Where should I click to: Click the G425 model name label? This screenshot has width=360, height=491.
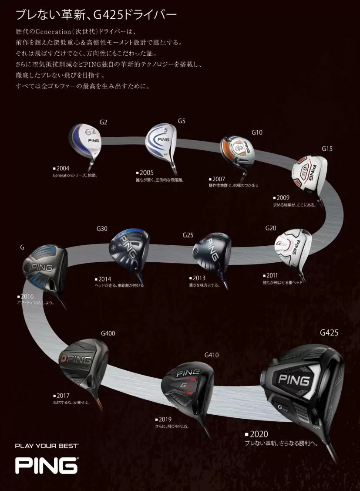(x=329, y=332)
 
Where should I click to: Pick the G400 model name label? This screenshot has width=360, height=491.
(x=108, y=333)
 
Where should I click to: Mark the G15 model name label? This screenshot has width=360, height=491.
(x=327, y=149)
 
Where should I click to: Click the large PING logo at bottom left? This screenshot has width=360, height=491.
(x=47, y=465)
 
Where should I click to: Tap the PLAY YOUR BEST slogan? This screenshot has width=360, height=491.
(x=47, y=446)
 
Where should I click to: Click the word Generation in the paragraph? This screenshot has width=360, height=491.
(x=50, y=32)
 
